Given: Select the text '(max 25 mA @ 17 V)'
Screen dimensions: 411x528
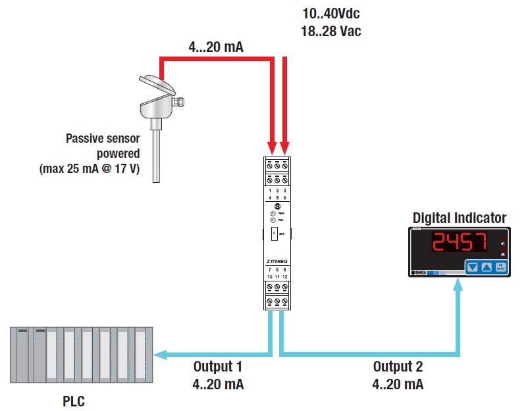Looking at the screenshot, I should coord(94,169).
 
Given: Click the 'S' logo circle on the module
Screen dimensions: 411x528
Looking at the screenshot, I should coord(277,206).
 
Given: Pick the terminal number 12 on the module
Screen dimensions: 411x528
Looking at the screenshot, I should coord(286,276).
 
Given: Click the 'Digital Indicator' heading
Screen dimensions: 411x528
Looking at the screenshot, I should coord(460,218).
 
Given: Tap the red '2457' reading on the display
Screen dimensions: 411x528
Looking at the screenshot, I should coord(459,243).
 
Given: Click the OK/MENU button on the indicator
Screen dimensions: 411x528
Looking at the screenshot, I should coord(502,268).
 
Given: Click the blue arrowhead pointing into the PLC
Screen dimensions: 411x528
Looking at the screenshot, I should coord(161,354).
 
